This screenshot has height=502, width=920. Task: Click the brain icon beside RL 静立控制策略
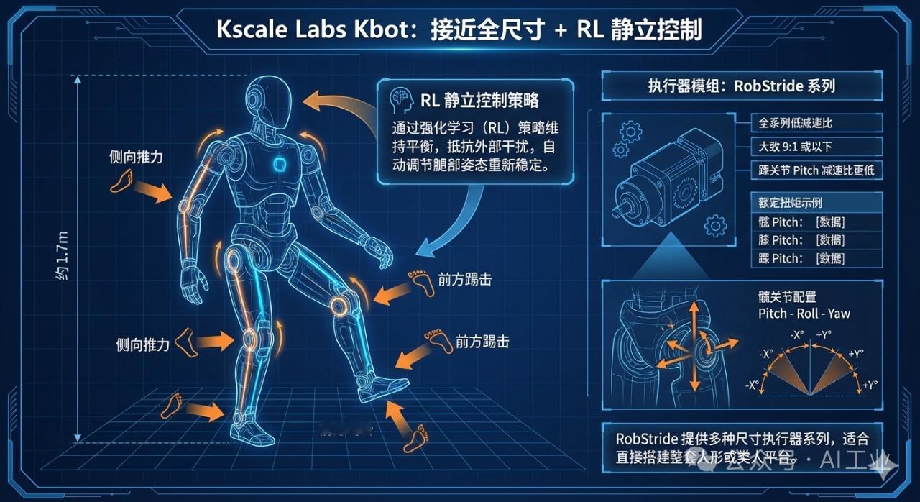[x=400, y=99]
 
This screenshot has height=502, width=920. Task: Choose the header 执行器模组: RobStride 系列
[x=741, y=86]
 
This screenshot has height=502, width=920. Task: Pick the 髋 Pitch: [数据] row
[x=801, y=222]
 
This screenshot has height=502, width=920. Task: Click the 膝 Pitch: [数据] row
[x=801, y=239]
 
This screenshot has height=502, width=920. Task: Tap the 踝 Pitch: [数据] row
[x=801, y=258]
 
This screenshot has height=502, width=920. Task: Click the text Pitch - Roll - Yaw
[x=804, y=313]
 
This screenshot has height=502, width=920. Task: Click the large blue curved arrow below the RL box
[x=453, y=223]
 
